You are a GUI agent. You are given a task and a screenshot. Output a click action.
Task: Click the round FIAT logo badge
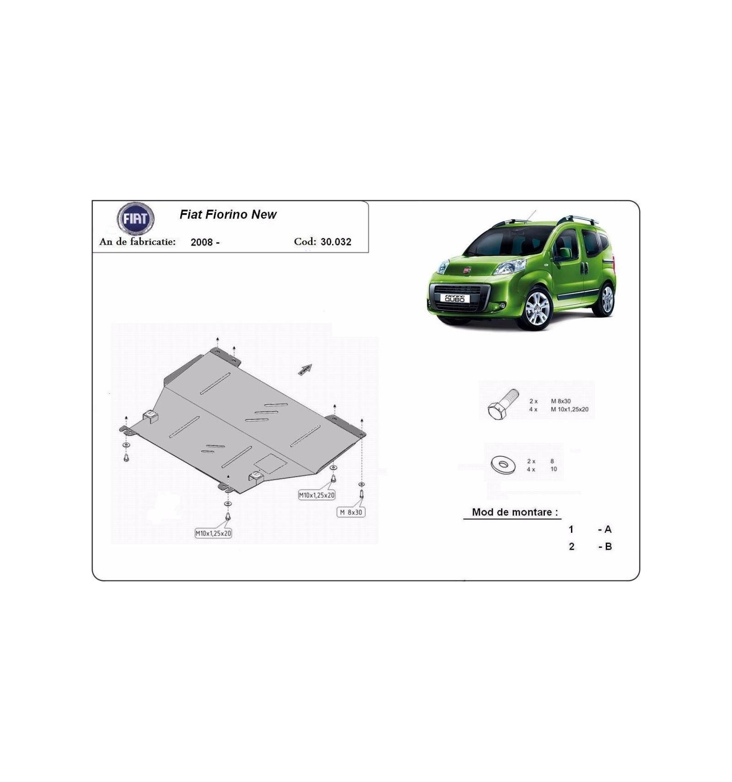tap(135, 219)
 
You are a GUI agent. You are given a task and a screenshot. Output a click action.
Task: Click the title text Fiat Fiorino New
tap(228, 214)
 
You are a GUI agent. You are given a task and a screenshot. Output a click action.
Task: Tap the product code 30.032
tap(336, 242)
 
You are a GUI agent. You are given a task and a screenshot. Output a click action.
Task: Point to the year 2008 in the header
tap(201, 242)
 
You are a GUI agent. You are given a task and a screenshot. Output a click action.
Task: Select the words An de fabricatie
tap(137, 241)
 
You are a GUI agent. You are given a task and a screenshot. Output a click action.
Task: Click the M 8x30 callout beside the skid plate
tap(351, 512)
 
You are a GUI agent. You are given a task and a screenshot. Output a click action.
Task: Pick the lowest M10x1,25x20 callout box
tap(213, 533)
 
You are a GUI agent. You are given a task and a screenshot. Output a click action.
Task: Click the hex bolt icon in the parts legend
tap(503, 404)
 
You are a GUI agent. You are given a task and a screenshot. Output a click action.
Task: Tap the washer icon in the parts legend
tap(503, 465)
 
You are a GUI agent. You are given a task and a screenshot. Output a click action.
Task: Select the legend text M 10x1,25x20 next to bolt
tap(570, 410)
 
